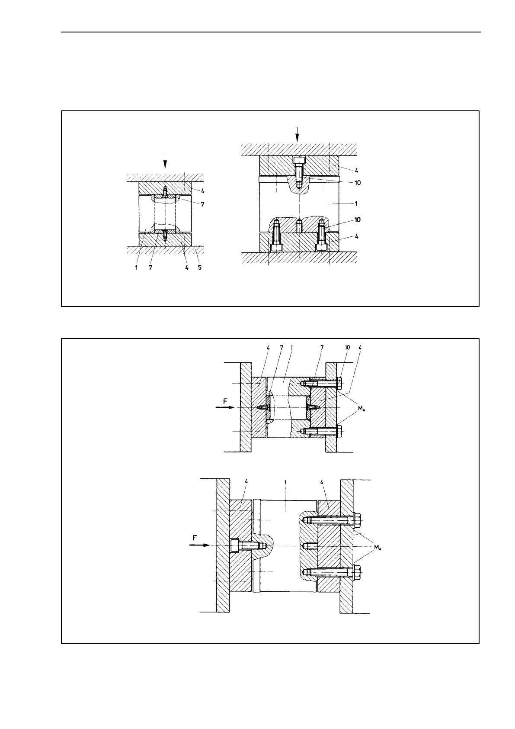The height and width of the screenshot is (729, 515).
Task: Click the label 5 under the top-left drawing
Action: pyautogui.click(x=199, y=268)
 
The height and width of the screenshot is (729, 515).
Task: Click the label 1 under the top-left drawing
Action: pyautogui.click(x=136, y=268)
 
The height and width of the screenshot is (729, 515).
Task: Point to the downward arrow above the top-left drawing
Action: pyautogui.click(x=165, y=162)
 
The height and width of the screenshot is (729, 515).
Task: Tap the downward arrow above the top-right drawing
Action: pyautogui.click(x=297, y=133)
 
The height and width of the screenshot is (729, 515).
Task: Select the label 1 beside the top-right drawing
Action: pyautogui.click(x=356, y=203)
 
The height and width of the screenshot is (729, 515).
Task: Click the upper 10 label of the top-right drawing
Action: pyautogui.click(x=357, y=183)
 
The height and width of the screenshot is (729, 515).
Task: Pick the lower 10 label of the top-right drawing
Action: pyautogui.click(x=357, y=219)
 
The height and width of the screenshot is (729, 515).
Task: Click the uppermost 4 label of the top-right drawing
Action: pyautogui.click(x=356, y=170)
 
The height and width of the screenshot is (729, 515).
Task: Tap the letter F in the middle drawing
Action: pyautogui.click(x=225, y=401)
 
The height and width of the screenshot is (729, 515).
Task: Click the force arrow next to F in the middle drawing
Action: pyautogui.click(x=226, y=408)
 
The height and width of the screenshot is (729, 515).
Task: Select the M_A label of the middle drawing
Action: pyautogui.click(x=361, y=408)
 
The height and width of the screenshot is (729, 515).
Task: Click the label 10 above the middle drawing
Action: pyautogui.click(x=347, y=347)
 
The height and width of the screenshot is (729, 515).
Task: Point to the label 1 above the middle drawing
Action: pyautogui.click(x=292, y=347)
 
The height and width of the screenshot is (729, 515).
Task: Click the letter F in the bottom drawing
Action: pyautogui.click(x=195, y=538)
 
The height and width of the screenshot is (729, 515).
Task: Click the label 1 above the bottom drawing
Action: pyautogui.click(x=286, y=481)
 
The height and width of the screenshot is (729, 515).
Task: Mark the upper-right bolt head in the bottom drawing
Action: pyautogui.click(x=357, y=519)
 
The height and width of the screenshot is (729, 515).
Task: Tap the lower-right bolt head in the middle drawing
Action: pyautogui.click(x=338, y=431)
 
